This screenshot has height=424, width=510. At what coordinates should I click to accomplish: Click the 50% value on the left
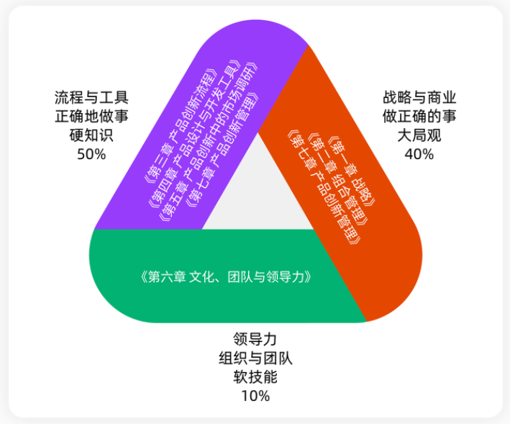[x=91, y=154]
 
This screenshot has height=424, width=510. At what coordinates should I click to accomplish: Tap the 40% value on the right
[x=419, y=154]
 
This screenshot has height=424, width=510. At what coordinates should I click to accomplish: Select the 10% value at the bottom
[x=255, y=396]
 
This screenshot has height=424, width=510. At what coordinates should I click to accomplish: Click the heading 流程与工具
[x=91, y=98]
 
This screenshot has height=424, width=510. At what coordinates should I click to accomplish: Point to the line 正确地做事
[x=91, y=117]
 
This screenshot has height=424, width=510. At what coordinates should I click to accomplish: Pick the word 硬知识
[x=91, y=135]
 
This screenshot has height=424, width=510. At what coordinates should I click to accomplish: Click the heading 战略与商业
[x=419, y=98]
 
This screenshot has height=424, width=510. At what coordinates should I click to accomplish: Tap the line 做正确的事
[x=419, y=117]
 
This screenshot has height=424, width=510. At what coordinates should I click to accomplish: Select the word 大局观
[x=419, y=135]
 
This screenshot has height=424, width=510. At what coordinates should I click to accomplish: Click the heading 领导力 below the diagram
[x=255, y=339]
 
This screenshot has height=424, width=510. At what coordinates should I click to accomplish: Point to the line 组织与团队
[x=255, y=358]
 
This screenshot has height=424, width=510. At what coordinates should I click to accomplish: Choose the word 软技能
[x=255, y=377]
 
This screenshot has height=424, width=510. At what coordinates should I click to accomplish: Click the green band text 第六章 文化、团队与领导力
[x=226, y=277]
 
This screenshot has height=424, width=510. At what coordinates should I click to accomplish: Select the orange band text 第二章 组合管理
[x=339, y=179]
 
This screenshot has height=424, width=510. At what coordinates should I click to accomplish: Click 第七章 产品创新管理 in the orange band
[x=324, y=187]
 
